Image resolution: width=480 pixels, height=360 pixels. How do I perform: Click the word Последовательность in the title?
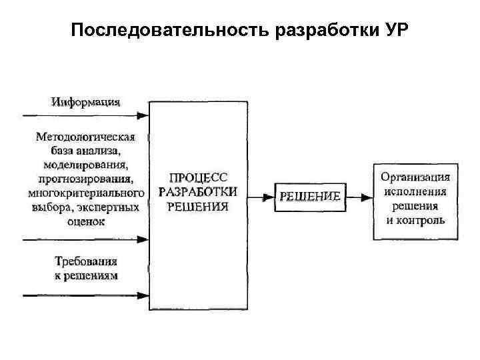pyautogui.click(x=169, y=31)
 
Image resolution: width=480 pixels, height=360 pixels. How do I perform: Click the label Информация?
pyautogui.click(x=86, y=102)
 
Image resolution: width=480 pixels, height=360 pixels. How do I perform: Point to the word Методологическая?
pyautogui.click(x=85, y=137)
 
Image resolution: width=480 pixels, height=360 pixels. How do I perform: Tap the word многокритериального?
pyautogui.click(x=86, y=193)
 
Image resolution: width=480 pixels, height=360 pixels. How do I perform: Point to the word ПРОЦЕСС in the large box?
pyautogui.click(x=198, y=178)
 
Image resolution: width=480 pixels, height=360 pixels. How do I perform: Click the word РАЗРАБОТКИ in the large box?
pyautogui.click(x=198, y=192)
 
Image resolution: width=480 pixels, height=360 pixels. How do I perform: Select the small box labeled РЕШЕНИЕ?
pyautogui.click(x=310, y=197)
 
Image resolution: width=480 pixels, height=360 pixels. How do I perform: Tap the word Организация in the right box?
pyautogui.click(x=415, y=177)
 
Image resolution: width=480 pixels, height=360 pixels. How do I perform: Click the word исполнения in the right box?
pyautogui.click(x=415, y=192)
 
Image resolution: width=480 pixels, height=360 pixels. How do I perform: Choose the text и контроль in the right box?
pyautogui.click(x=415, y=220)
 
